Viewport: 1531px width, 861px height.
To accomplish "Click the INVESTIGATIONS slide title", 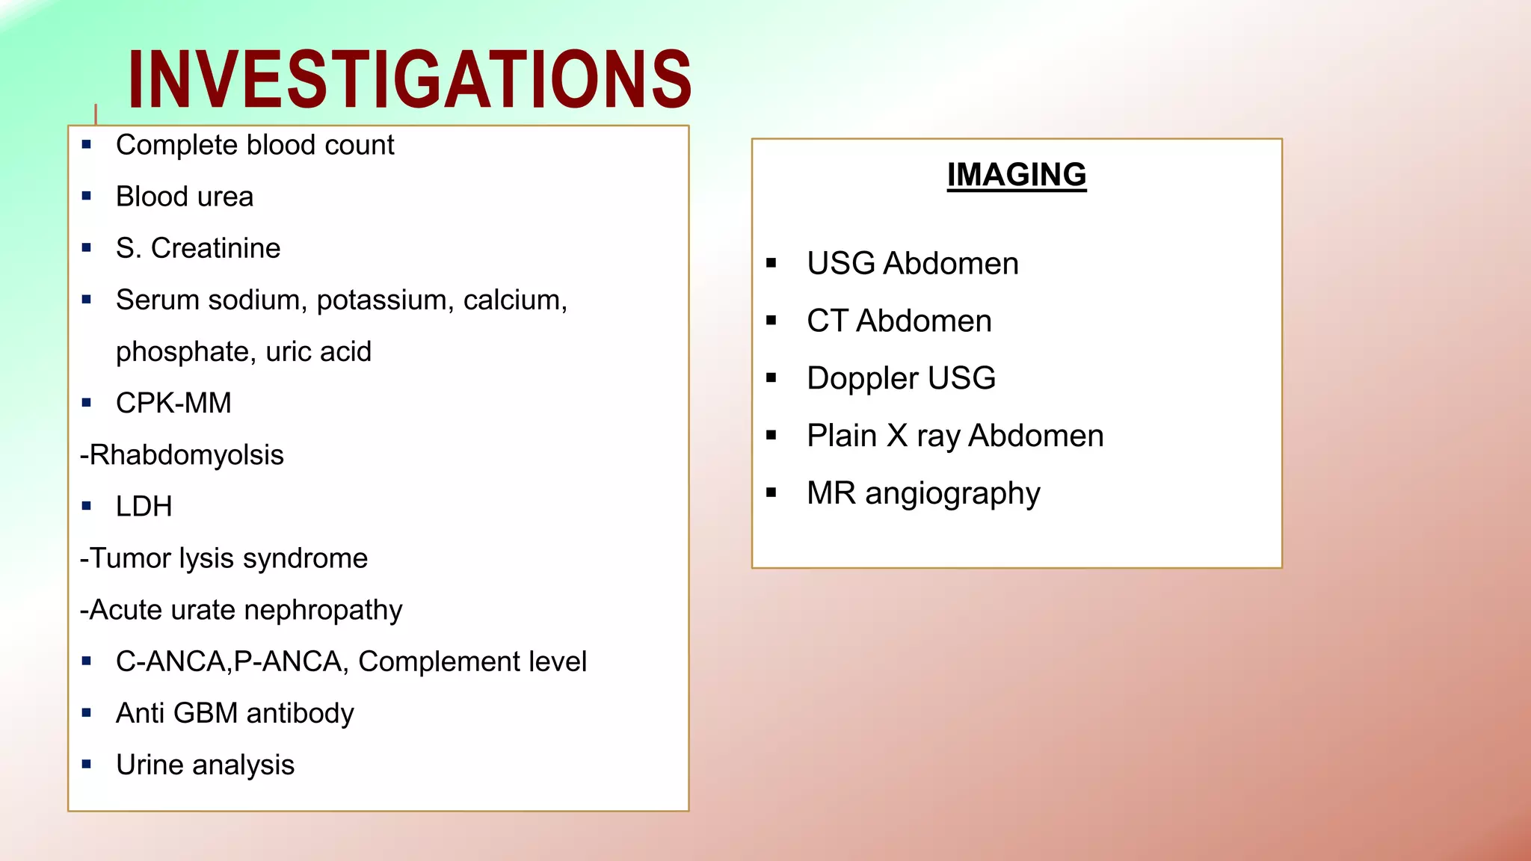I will click(410, 78).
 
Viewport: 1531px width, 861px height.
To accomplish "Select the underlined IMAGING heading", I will click(1016, 175).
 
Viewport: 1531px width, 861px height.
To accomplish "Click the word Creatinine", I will click(215, 248).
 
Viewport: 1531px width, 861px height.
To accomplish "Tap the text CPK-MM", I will click(173, 403).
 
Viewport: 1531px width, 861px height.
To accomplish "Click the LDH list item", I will click(144, 507).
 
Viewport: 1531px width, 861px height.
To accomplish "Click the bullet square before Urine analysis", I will click(87, 765).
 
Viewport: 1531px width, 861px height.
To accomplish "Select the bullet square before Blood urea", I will click(87, 197).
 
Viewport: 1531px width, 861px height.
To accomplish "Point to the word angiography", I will click(952, 494).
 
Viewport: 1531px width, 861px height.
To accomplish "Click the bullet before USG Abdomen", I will click(771, 263).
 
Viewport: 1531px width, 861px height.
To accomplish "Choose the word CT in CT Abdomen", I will click(827, 321).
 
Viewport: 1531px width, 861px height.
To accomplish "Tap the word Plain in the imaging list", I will click(842, 436).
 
